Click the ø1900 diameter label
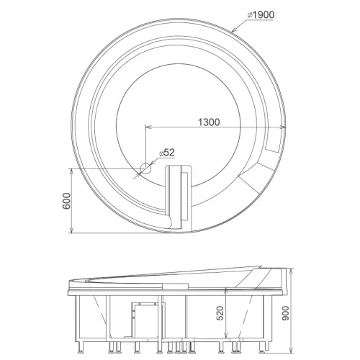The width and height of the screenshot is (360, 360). [x=261, y=15]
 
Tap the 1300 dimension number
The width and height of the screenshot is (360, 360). [x=209, y=122]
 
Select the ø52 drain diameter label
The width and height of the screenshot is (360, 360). [x=167, y=153]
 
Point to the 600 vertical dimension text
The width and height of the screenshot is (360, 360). [x=67, y=201]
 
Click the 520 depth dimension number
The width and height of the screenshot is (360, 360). [x=220, y=313]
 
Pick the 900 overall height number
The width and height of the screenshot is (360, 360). [x=286, y=313]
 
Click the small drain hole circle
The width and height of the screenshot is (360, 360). [x=145, y=168]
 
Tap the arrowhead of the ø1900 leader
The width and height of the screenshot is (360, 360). [x=233, y=30]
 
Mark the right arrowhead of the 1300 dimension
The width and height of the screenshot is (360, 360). [x=283, y=127]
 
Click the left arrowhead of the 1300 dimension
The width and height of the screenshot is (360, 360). [x=149, y=127]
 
